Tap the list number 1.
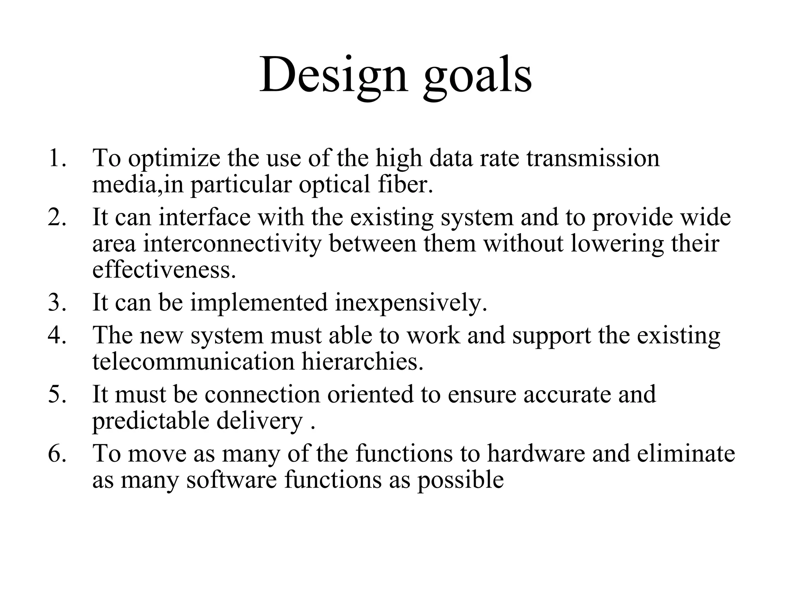pos(56,158)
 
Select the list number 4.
pos(56,335)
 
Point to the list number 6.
pos(56,453)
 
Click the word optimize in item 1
pos(174,159)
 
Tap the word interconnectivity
pos(232,244)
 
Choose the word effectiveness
pos(164,270)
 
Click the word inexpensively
pos(411,303)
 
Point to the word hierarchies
pos(362,362)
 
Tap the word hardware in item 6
pos(536,453)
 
